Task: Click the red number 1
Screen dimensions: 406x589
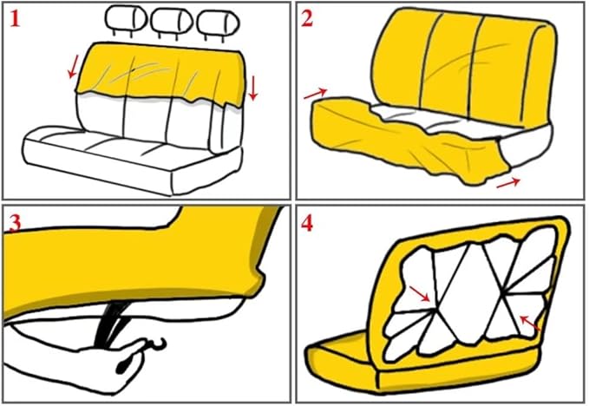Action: pos(16,18)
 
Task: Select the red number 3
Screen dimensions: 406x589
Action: pos(15,221)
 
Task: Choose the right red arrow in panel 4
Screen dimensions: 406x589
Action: pos(529,324)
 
